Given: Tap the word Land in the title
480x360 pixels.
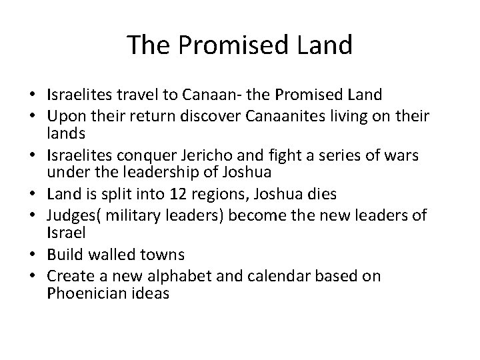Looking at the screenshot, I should pos(325,45).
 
